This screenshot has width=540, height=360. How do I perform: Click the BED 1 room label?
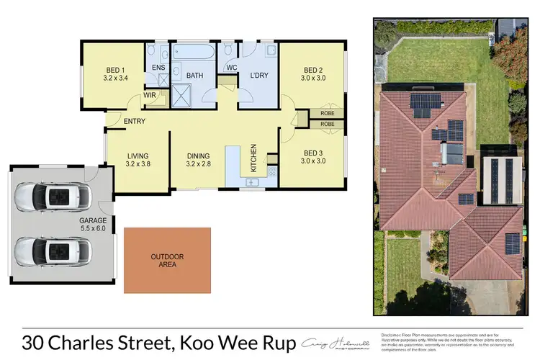click(116, 70)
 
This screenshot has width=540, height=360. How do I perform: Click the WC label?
click(232, 68)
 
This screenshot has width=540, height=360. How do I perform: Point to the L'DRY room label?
click(259, 76)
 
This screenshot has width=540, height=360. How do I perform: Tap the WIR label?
click(150, 94)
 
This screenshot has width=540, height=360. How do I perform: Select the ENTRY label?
click(135, 121)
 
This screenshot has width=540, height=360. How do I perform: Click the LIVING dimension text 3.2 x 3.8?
click(138, 164)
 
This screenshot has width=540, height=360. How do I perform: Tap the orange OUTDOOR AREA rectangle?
click(167, 261)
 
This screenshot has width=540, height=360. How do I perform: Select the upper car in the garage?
click(53, 195)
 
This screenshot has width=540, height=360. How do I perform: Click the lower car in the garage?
click(53, 251)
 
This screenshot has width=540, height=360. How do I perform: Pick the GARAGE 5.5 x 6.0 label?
click(94, 225)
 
